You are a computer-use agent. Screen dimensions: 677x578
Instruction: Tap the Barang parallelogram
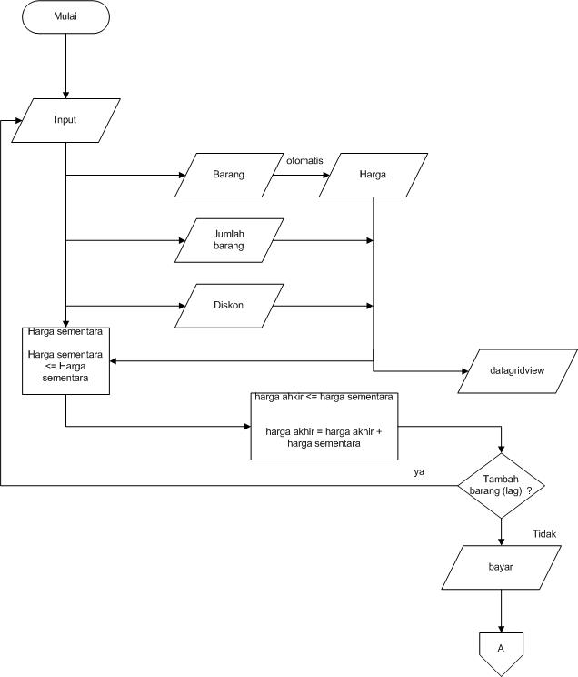point(228,174)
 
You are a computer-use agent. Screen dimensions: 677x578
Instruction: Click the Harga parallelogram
point(373,174)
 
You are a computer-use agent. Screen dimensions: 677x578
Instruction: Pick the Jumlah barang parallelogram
point(228,240)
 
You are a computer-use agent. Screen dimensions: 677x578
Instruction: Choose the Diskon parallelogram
point(228,307)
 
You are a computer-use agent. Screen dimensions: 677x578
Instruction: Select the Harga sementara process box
point(65,361)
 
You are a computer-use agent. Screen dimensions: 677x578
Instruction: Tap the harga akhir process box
point(324,426)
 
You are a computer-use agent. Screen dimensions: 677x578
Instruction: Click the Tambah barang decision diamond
point(501,487)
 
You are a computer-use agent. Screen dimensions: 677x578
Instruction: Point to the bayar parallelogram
point(501,567)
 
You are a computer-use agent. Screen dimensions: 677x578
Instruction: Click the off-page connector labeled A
point(501,647)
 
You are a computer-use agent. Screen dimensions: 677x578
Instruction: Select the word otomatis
point(304,160)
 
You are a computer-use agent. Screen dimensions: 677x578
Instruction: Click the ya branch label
point(419,472)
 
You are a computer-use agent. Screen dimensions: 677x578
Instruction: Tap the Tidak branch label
point(544,535)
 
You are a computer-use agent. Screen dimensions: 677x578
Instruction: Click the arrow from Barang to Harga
point(296,174)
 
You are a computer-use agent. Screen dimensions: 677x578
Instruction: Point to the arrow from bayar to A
point(501,610)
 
